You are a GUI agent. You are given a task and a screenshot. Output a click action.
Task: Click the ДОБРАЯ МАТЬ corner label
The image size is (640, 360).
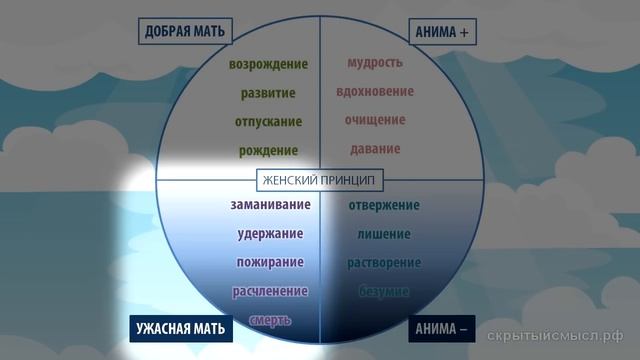(x=183, y=32)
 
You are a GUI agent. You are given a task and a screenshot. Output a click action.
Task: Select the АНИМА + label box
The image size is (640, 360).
(x=442, y=32)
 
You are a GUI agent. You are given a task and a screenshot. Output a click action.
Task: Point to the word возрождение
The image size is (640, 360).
(x=268, y=64)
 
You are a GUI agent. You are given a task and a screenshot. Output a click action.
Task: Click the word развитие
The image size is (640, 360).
(x=268, y=93)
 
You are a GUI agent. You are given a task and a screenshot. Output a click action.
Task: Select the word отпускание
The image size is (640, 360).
(x=268, y=122)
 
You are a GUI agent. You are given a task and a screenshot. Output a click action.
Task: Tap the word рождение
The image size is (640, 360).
(x=268, y=151)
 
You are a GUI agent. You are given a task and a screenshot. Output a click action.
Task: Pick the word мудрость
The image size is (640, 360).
(x=375, y=63)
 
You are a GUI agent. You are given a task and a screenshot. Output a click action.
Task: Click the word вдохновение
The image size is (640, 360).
(x=375, y=91)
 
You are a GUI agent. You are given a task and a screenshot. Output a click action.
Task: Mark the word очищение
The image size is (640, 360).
(x=375, y=120)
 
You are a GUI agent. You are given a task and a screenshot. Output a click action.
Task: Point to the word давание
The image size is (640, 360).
(x=375, y=149)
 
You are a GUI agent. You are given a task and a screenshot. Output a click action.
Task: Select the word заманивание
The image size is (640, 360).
(x=268, y=206)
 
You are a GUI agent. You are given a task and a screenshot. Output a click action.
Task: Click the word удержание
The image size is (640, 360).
(x=270, y=234)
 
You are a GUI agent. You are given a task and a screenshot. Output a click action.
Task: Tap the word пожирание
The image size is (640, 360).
(x=270, y=263)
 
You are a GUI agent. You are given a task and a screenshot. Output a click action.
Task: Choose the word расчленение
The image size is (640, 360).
(x=270, y=292)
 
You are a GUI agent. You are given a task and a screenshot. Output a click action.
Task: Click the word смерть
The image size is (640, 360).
(x=270, y=320)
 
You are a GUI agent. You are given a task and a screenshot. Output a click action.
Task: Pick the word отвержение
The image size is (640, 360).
(x=384, y=206)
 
